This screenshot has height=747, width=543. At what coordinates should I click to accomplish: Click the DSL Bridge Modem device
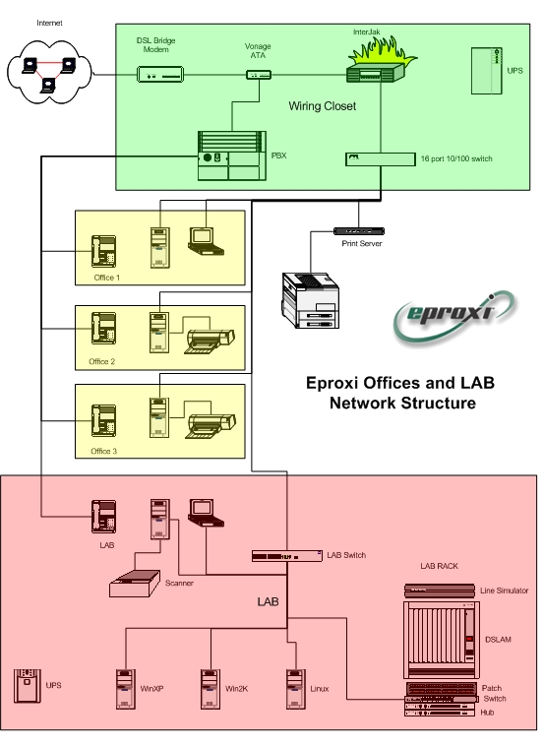pyautogui.click(x=160, y=75)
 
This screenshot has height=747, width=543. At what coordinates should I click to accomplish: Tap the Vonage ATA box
pyautogui.click(x=259, y=75)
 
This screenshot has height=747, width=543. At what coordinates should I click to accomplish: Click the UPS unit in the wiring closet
pyautogui.click(x=487, y=71)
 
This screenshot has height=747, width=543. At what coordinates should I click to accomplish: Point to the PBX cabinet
pyautogui.click(x=232, y=156)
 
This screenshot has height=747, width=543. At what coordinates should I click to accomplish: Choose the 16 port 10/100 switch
pyautogui.click(x=380, y=159)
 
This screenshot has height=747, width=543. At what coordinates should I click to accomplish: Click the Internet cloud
pyautogui.click(x=49, y=72)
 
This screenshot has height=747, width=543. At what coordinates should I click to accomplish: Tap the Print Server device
pyautogui.click(x=359, y=231)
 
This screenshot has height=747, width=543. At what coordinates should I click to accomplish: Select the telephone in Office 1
pyautogui.click(x=104, y=251)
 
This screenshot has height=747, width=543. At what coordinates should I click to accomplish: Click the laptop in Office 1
pyautogui.click(x=206, y=241)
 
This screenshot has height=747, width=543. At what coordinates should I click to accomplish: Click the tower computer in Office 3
pyautogui.click(x=159, y=417)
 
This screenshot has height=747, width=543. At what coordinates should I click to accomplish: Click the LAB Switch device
pyautogui.click(x=286, y=556)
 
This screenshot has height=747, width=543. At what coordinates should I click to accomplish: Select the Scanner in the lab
pyautogui.click(x=135, y=583)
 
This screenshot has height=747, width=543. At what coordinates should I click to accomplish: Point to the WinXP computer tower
pyautogui.click(x=126, y=689)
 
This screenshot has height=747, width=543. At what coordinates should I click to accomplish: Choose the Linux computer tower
pyautogui.click(x=296, y=689)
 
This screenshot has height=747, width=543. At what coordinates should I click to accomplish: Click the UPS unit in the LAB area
pyautogui.click(x=28, y=686)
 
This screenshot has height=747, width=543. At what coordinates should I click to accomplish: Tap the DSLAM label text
pyautogui.click(x=498, y=640)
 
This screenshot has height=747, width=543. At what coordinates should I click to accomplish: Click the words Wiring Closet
pyautogui.click(x=323, y=106)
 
